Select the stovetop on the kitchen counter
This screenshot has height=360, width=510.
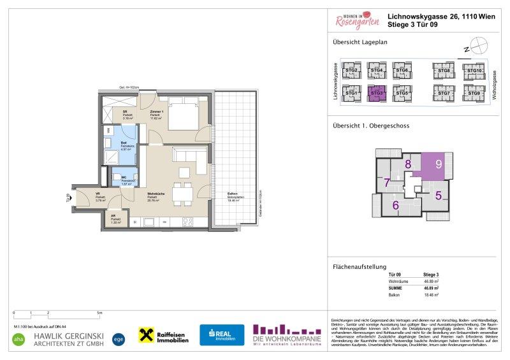click(x=189, y=222)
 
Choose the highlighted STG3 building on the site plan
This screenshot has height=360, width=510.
click(x=377, y=93)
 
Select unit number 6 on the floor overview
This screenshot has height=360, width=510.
click(x=395, y=205)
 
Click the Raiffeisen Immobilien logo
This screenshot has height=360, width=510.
click(x=164, y=336)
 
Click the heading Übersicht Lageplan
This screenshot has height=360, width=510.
click(x=360, y=43)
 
